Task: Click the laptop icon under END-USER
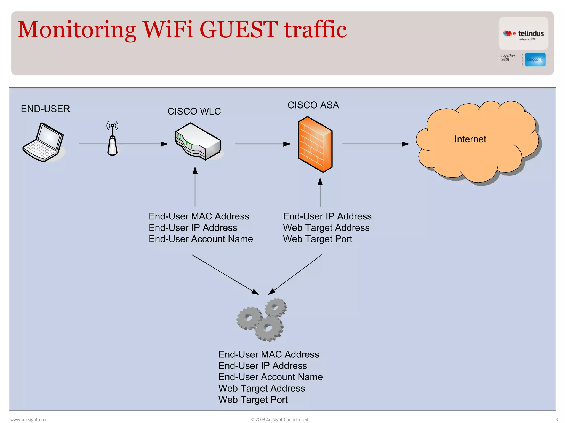[x=43, y=143]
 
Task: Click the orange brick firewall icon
[x=315, y=144]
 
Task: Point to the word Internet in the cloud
[x=470, y=139]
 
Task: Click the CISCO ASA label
[x=313, y=105]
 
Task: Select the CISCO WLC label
[x=194, y=112]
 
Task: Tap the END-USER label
[x=46, y=109]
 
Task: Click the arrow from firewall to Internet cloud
[x=375, y=144]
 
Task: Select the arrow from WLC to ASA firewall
[x=262, y=144]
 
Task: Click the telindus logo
[x=523, y=34]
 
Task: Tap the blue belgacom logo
[x=535, y=59]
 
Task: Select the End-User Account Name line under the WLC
[x=201, y=239]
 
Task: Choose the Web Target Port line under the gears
[x=253, y=400]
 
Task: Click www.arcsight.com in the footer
[x=29, y=419]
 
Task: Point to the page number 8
[x=556, y=419]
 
